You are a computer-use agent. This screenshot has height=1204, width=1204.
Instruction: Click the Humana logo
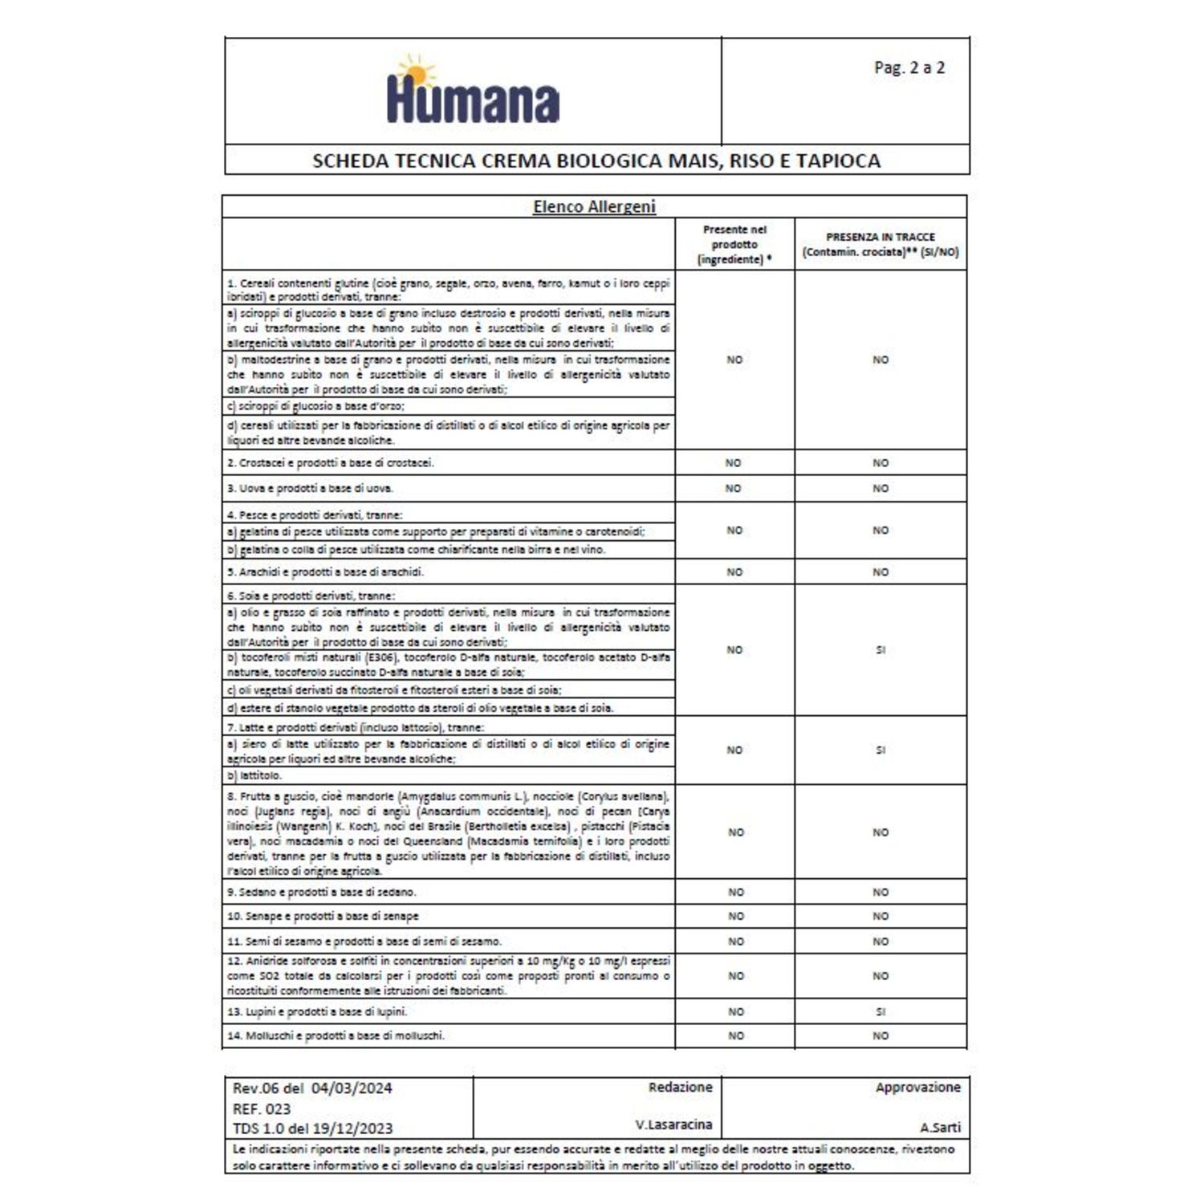click(x=473, y=91)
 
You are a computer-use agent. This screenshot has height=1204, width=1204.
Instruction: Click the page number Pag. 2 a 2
click(x=909, y=67)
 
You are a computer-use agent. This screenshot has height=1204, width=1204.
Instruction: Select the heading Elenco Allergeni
click(x=594, y=206)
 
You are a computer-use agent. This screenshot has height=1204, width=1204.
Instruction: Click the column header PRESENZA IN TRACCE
click(x=880, y=237)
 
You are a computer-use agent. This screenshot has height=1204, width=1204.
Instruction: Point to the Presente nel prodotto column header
click(x=734, y=244)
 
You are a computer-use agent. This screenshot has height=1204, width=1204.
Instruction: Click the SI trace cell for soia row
click(x=881, y=650)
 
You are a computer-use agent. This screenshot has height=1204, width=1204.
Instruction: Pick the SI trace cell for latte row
click(x=881, y=750)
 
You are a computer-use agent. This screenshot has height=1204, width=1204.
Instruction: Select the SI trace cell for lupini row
click(x=881, y=1011)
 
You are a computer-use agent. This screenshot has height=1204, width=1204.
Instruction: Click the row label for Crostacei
click(x=331, y=463)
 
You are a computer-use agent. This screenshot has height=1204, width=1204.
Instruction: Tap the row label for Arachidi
click(x=325, y=572)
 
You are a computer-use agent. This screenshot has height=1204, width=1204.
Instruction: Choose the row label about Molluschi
click(x=336, y=1035)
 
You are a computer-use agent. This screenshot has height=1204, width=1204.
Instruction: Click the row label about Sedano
click(x=322, y=892)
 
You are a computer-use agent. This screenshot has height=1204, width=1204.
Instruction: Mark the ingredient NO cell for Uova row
click(x=734, y=488)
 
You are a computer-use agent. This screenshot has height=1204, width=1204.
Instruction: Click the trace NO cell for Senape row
click(x=881, y=916)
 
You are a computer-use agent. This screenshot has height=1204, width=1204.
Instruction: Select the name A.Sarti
click(x=940, y=1127)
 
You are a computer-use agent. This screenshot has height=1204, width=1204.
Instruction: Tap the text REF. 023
click(x=262, y=1108)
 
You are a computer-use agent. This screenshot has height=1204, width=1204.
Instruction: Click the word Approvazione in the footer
click(x=917, y=1087)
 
